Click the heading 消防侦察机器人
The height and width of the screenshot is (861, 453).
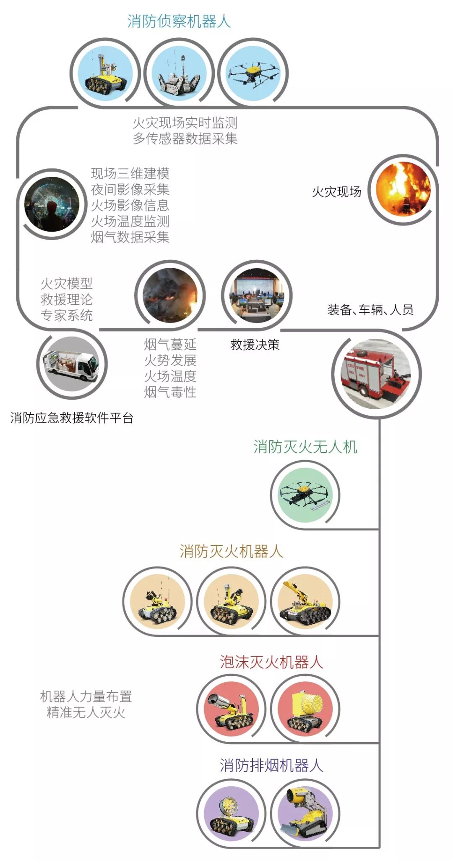[x=179, y=21]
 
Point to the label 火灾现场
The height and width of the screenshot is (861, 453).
[x=336, y=192]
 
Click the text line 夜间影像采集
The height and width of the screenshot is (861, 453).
[x=130, y=189]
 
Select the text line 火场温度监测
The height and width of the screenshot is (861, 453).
[x=130, y=221]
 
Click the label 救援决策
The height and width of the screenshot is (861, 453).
[x=255, y=345]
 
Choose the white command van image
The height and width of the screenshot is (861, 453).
[x=72, y=364]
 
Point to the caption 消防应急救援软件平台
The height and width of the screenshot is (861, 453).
[x=72, y=418]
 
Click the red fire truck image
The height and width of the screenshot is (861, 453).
[x=376, y=374]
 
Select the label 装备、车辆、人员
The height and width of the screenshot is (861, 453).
[x=370, y=310]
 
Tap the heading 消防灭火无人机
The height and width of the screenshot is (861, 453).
[x=305, y=447]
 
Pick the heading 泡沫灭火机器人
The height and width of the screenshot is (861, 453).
[x=271, y=662]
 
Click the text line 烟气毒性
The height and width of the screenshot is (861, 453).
[x=170, y=392]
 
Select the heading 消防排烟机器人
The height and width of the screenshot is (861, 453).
[x=271, y=765]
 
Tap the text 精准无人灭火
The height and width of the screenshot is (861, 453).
[x=86, y=712]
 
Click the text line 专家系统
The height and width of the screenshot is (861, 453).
[x=67, y=315]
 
